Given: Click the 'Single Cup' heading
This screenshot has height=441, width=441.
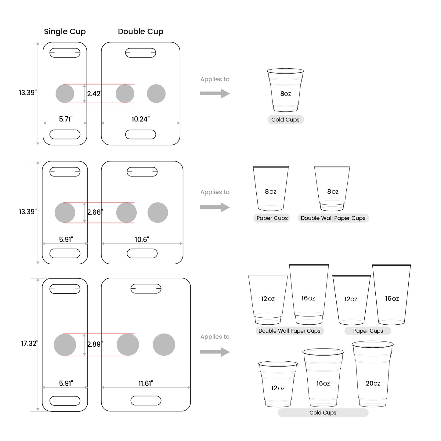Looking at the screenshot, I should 65,31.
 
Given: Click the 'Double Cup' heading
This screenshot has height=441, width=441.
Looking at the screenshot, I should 140,31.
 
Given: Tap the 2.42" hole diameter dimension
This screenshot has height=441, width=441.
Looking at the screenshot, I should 95,94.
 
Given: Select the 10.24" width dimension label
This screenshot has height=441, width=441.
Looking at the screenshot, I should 140,119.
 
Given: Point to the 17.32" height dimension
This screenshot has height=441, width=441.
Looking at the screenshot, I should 29,343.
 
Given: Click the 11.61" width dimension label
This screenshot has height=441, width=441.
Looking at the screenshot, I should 146,383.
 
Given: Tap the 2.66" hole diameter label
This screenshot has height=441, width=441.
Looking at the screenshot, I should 95,212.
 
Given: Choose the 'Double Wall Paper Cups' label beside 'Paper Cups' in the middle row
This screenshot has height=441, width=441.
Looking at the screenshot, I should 333,218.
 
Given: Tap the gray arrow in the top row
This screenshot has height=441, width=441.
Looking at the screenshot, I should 215,93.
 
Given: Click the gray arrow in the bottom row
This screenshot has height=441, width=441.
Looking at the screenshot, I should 215,352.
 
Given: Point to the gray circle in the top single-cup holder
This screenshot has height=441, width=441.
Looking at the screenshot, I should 65,94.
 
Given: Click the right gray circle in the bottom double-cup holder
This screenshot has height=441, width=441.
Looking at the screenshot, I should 164,345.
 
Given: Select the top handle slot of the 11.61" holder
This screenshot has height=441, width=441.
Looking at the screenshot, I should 146,288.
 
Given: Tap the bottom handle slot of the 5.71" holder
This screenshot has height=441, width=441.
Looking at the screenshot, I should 65,134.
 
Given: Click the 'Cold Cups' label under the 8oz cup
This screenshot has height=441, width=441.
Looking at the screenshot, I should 285,120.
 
